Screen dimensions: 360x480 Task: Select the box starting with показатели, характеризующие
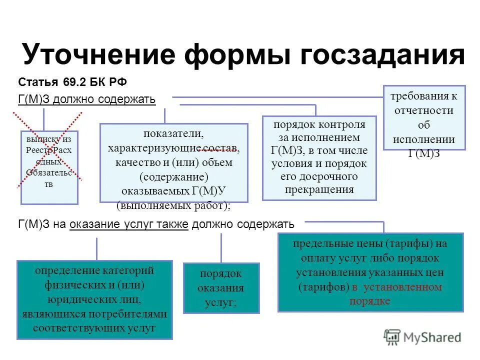[173, 162]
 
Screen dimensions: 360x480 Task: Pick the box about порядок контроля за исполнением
[319, 157]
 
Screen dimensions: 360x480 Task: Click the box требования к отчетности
[424, 118]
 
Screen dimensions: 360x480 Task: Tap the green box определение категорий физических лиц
[94, 299]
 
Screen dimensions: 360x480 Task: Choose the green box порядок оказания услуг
[221, 288]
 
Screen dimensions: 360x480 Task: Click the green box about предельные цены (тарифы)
[370, 272]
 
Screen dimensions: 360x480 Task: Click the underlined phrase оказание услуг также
[129, 224]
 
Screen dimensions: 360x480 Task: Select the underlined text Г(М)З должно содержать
[86, 99]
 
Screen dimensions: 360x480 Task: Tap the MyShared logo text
[432, 337]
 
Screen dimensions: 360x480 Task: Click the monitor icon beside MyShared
[392, 336]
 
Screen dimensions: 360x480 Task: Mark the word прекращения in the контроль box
[319, 189]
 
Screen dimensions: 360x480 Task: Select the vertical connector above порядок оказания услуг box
[221, 248]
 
